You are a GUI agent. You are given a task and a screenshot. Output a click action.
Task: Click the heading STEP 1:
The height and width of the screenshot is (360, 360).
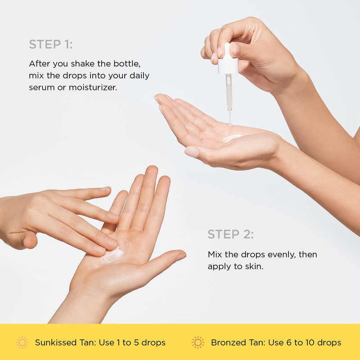[x=51, y=44]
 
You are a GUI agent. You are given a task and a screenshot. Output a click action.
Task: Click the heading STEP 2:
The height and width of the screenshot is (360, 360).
[x=230, y=234]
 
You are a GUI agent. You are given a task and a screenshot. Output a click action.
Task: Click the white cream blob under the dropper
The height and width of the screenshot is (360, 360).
[x=232, y=138]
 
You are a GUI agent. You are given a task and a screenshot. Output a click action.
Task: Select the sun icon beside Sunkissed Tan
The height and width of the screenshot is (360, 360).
[x=22, y=342]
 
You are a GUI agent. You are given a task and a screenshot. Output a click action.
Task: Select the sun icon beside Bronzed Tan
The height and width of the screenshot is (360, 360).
[x=198, y=342]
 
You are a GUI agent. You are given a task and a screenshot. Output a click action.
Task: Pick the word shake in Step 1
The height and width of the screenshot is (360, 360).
[x=93, y=64]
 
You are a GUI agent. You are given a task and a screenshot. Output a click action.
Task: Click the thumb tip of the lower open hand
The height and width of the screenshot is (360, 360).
[x=181, y=256]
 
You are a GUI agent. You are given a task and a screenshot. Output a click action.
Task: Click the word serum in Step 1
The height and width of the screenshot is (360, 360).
[x=40, y=87]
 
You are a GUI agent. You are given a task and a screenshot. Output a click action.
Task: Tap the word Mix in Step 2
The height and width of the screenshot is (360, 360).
[x=215, y=255]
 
